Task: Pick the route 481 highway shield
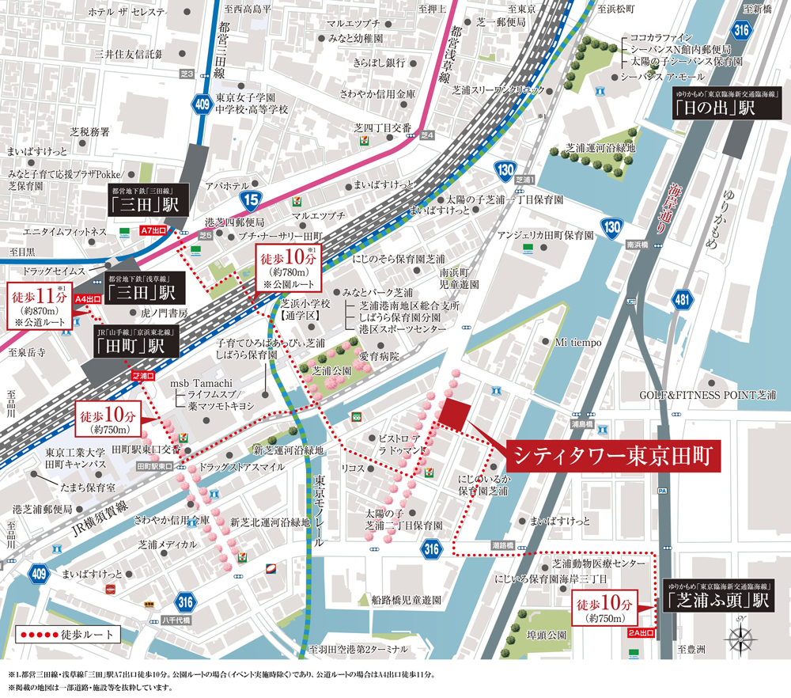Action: point(682,300)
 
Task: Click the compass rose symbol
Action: point(741,637)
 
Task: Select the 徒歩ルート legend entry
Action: point(67,634)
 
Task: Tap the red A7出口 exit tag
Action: point(154,232)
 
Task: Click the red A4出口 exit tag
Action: point(89,300)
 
